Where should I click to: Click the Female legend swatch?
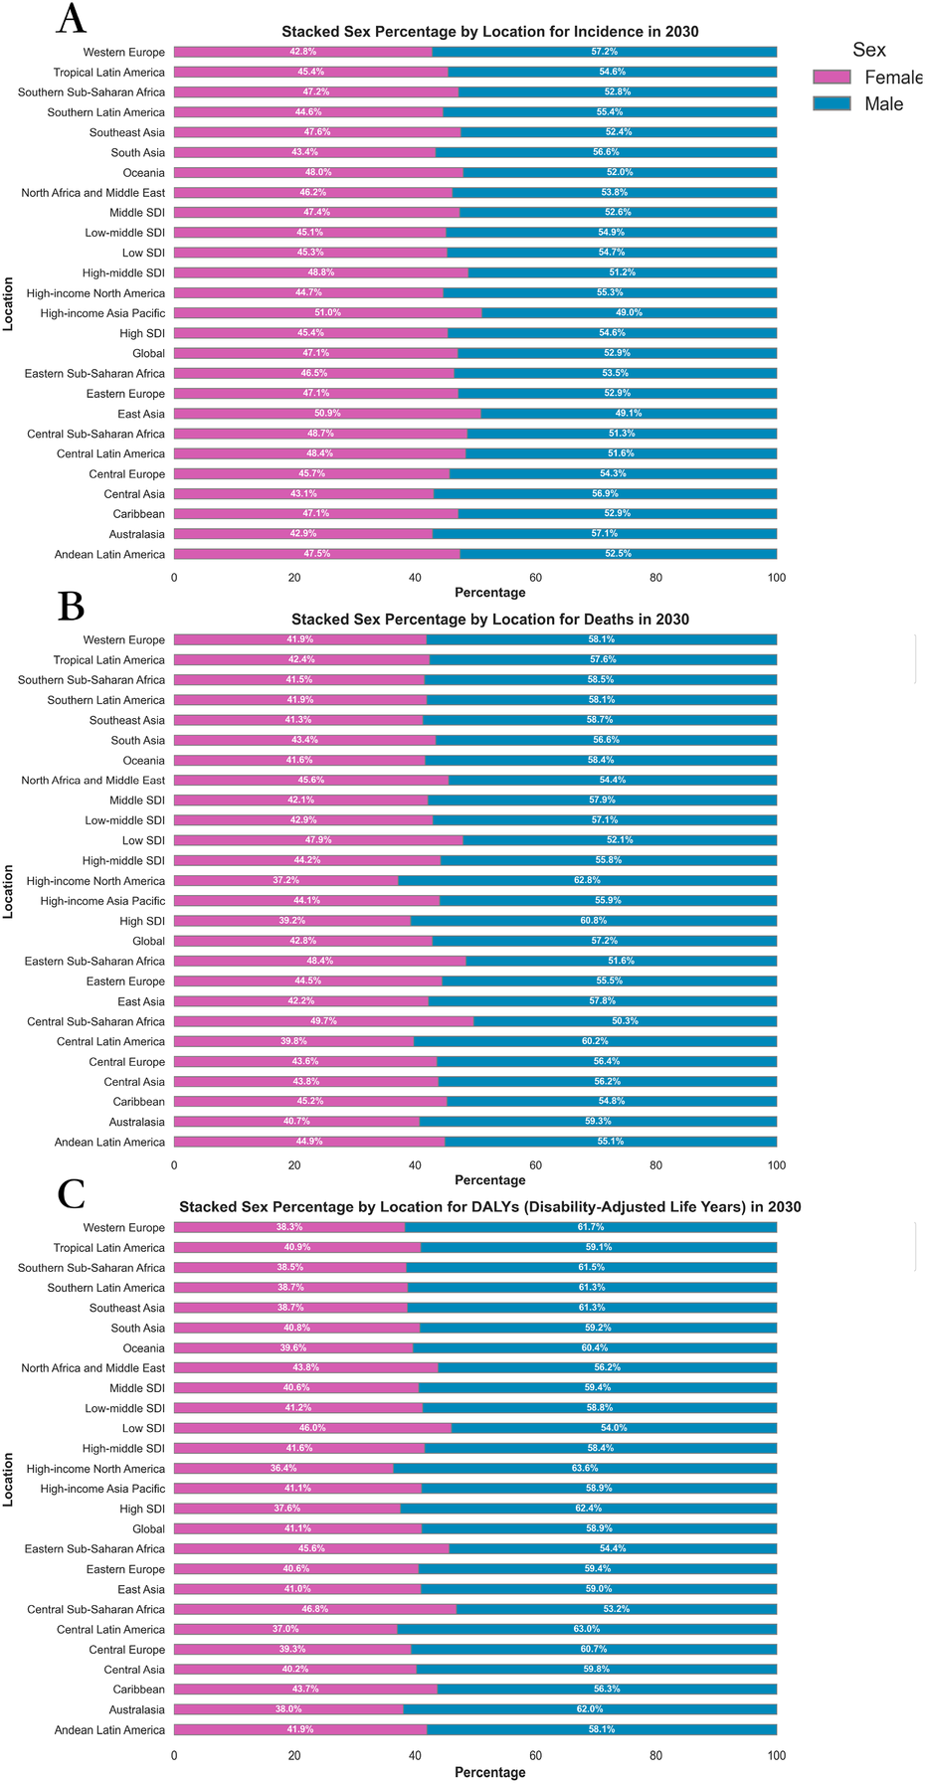pos(832,78)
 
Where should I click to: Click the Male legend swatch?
pos(832,103)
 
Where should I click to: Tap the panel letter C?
pos(71,1194)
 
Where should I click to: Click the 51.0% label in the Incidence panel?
pos(328,313)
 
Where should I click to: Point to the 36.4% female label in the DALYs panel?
pos(283,1469)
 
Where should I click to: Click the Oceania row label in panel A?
pos(143,173)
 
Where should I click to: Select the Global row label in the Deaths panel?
pos(148,942)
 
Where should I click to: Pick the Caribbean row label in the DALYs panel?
pos(138,1690)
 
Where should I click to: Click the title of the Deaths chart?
pos(489,620)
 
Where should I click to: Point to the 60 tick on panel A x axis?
pos(535,578)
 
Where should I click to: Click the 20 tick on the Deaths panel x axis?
pos(294,1165)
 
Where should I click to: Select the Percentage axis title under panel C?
pos(489,1772)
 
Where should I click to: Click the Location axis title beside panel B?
pos(9,891)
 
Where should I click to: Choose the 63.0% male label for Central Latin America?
pos(587,1629)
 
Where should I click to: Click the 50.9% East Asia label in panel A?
pos(327,414)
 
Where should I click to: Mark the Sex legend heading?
pos(868,50)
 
